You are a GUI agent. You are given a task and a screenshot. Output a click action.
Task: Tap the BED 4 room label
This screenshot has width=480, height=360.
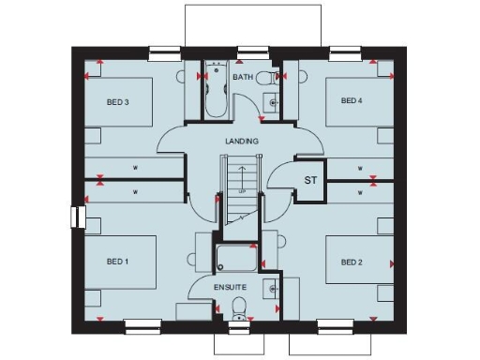[352, 100]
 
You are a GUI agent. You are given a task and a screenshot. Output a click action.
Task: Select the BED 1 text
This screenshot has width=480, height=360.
[118, 262]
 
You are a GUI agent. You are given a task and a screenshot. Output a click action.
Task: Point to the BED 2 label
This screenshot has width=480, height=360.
[352, 262]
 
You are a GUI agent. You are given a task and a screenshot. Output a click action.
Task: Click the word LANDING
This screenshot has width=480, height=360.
[241, 141]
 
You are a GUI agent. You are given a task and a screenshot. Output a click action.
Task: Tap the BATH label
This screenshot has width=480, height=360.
[243, 77]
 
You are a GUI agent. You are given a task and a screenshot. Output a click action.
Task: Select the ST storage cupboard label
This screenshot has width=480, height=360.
[309, 180]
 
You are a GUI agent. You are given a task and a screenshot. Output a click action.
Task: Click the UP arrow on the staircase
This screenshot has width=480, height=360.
[242, 176]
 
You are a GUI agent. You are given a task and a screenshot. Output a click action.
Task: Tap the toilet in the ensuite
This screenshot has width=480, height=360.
[239, 306]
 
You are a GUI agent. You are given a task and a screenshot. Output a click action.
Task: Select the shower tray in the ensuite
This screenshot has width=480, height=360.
[236, 258]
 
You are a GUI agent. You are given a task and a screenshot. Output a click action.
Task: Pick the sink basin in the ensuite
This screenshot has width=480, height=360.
[271, 288]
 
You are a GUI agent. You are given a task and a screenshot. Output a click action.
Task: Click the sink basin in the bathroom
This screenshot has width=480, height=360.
[272, 102]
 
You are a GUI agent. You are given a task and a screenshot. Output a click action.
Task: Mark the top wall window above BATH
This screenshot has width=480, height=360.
[249, 51]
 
